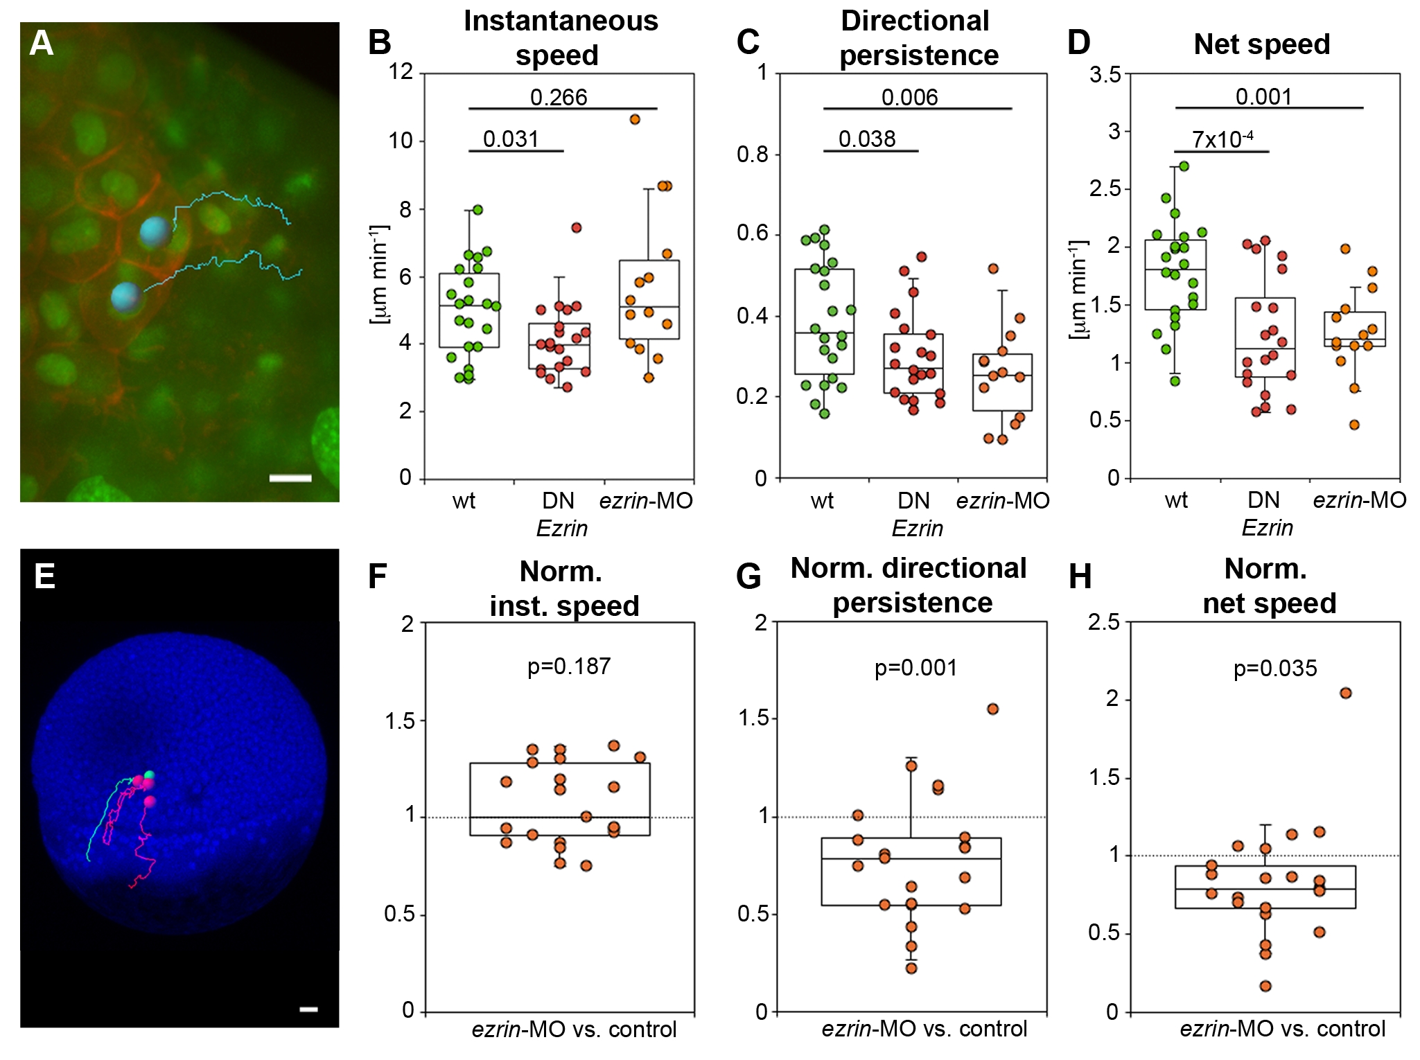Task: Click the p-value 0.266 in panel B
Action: point(559,98)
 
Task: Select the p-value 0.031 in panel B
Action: point(511,139)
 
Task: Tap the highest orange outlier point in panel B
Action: point(635,120)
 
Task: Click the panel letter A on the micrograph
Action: point(41,44)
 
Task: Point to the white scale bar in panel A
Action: point(290,478)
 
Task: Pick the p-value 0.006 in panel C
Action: point(909,98)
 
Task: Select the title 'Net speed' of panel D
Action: point(1261,44)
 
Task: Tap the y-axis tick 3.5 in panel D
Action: point(1105,74)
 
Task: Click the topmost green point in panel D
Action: point(1184,166)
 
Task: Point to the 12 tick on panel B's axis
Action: point(401,71)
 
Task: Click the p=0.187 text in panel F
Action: point(569,666)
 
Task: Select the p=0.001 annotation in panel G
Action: point(915,668)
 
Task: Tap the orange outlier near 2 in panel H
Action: point(1346,693)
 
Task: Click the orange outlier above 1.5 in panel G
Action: point(992,709)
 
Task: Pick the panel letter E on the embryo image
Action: point(44,576)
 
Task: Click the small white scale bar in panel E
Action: point(308,1009)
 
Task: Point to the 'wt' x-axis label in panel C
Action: point(822,501)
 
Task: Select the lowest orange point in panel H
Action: point(1265,986)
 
